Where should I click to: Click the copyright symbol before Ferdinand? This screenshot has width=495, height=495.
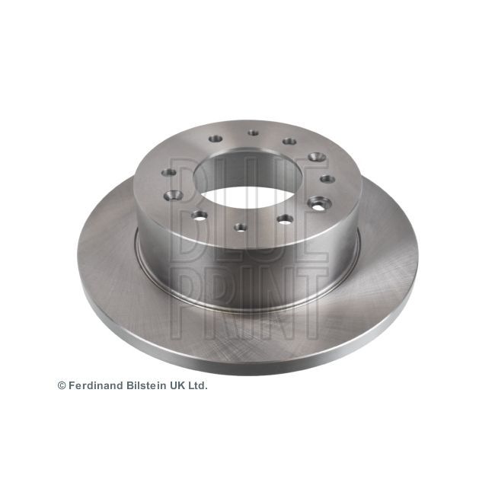coord(62,386)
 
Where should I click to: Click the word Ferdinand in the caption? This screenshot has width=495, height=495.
coord(94,386)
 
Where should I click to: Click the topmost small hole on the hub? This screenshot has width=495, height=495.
coord(253,133)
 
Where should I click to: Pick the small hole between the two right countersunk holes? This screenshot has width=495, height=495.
coord(327,180)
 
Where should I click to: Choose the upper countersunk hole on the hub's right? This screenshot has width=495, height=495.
coord(315,157)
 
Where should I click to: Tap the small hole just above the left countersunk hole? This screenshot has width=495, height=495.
coord(172,172)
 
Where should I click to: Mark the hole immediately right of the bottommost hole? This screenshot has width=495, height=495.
coord(284,219)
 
